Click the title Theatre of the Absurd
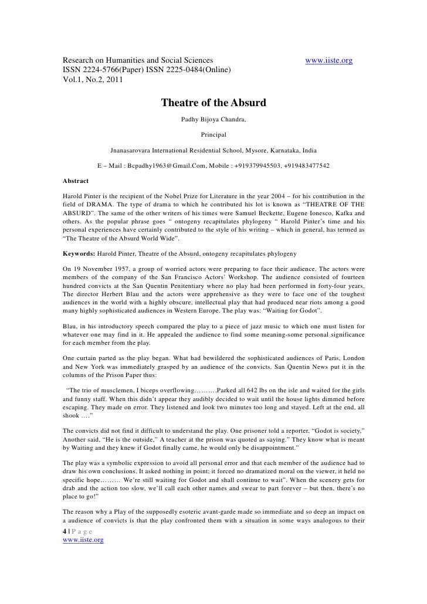click(x=213, y=103)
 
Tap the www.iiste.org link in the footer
click(x=83, y=540)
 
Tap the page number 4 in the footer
click(x=65, y=531)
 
